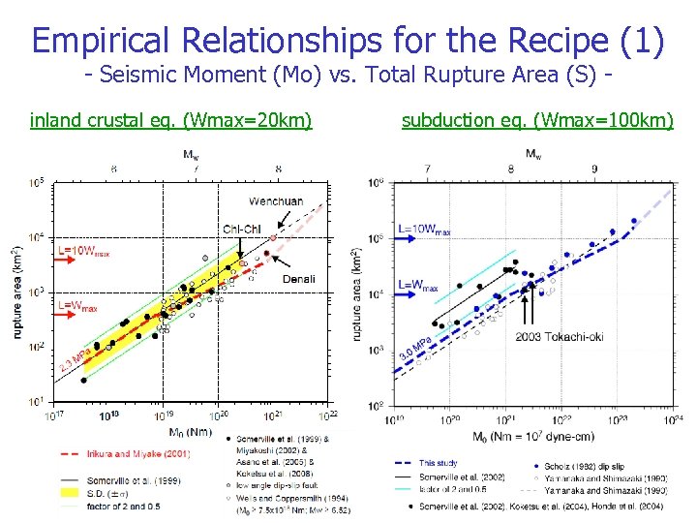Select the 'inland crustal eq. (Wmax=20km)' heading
coord(171,120)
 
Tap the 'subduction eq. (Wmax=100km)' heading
coord(537,120)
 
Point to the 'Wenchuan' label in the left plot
coord(276,201)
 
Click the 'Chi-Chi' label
coord(241,229)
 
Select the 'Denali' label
coord(298,279)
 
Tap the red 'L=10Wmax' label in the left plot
coord(84,251)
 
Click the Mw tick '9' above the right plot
coord(593,169)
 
